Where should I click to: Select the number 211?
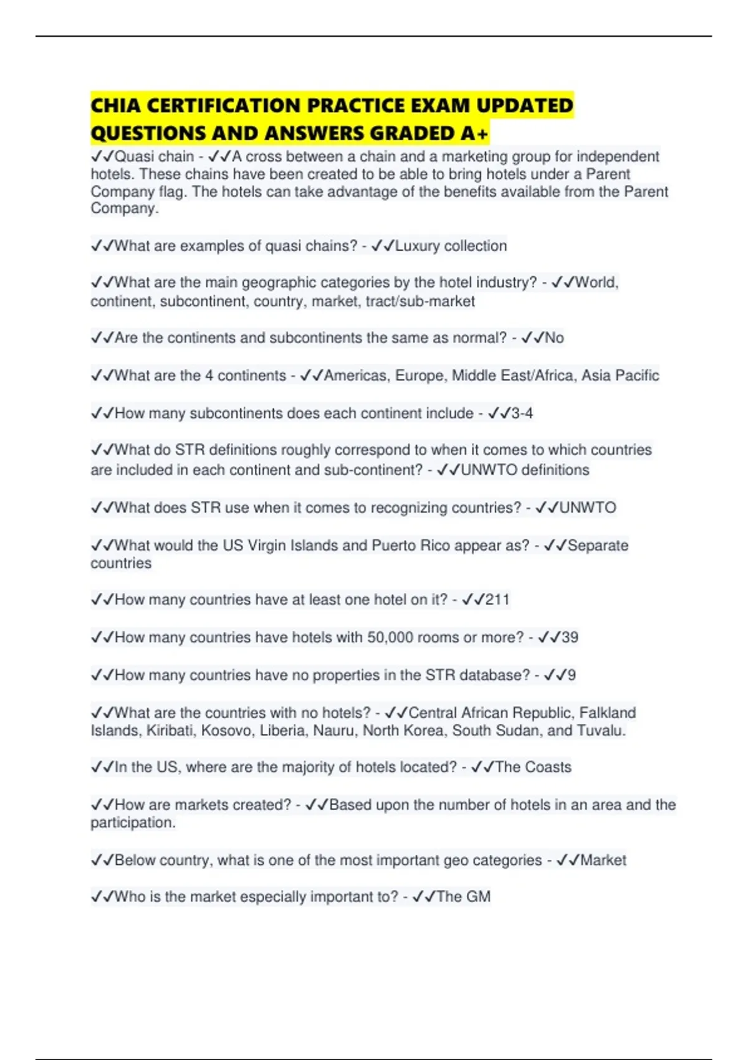tap(497, 600)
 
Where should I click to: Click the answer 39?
tap(570, 637)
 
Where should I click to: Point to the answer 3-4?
tap(522, 413)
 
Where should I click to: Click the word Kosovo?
tap(228, 730)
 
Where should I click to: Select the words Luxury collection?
tap(451, 246)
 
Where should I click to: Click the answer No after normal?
tap(554, 338)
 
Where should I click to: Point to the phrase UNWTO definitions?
tap(525, 470)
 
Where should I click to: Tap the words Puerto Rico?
tap(411, 546)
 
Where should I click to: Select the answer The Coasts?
tap(533, 767)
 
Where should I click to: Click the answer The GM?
tap(463, 897)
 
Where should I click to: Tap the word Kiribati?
tap(170, 730)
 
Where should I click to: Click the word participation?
tap(133, 823)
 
